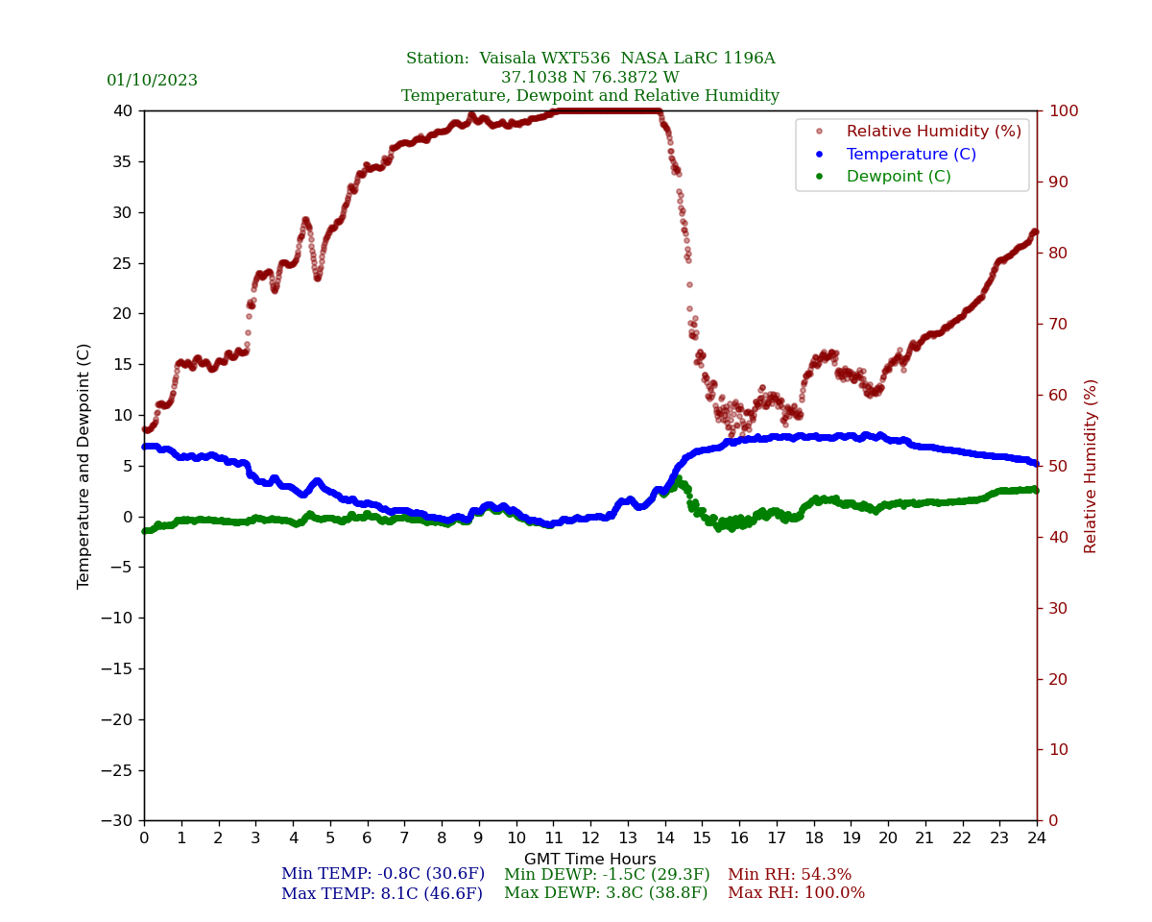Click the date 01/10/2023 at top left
152,81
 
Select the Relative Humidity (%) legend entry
933,132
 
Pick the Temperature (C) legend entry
910,155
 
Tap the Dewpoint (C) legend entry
898,177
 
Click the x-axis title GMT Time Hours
589,860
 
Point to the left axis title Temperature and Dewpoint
84,466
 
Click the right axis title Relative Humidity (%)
1091,466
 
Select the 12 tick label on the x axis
590,838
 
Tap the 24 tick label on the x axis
1037,838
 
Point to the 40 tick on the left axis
124,110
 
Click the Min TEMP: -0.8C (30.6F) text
382,875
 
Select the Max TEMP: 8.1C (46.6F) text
381,894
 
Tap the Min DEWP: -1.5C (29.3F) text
607,875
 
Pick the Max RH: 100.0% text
796,893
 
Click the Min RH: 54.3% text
789,875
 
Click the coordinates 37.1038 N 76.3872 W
589,78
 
